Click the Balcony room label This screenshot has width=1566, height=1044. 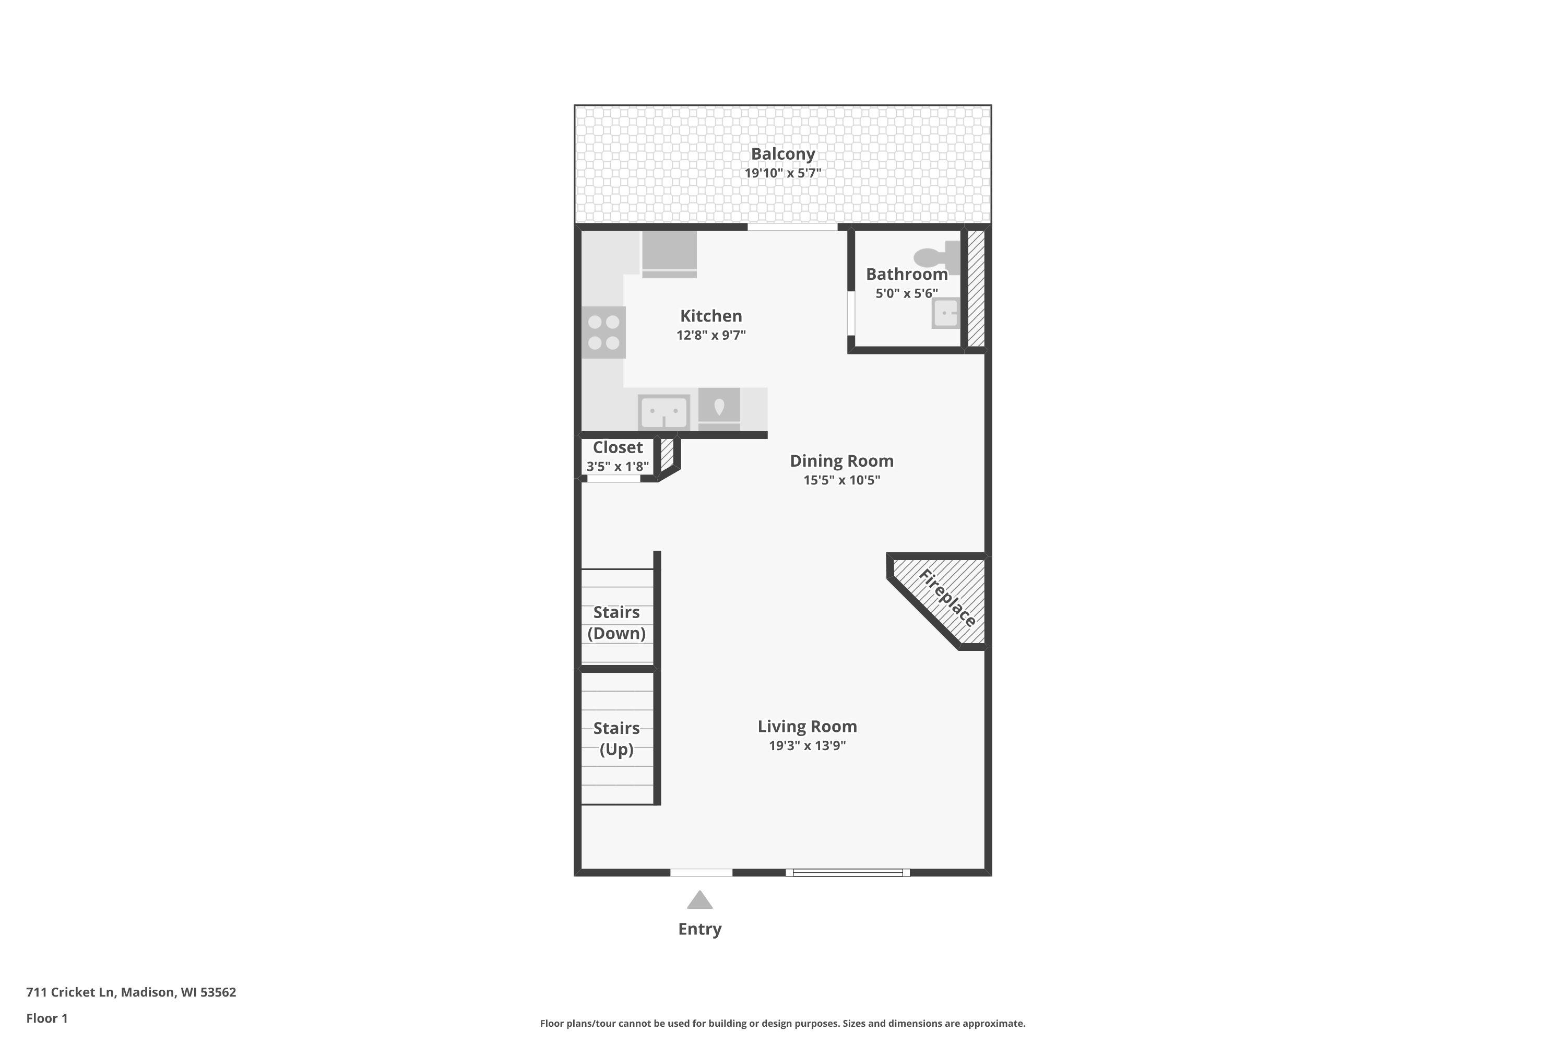(x=782, y=154)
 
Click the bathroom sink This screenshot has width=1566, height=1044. (x=945, y=313)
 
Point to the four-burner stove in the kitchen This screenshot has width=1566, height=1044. (x=603, y=332)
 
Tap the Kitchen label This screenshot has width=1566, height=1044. (x=710, y=316)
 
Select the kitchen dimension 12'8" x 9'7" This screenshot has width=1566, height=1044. (x=710, y=335)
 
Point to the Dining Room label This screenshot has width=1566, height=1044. (x=841, y=461)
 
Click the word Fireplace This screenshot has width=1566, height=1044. (x=947, y=598)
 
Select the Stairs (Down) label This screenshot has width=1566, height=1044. (x=616, y=623)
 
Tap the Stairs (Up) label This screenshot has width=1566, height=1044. (x=616, y=739)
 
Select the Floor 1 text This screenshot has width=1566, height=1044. (x=46, y=1018)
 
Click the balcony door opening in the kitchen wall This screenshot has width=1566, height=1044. (x=792, y=227)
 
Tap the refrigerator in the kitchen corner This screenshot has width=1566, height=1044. (x=669, y=253)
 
